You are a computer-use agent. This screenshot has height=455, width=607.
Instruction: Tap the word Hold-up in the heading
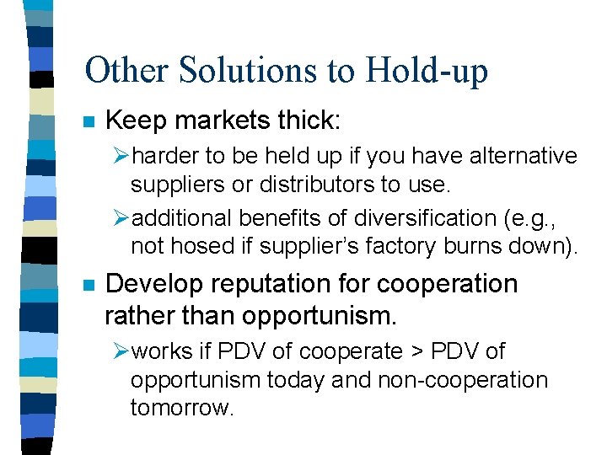pyautogui.click(x=428, y=72)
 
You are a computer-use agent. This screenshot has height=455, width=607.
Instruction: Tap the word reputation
pyautogui.click(x=277, y=285)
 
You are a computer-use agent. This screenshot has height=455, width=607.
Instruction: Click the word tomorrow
pyautogui.click(x=180, y=408)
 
